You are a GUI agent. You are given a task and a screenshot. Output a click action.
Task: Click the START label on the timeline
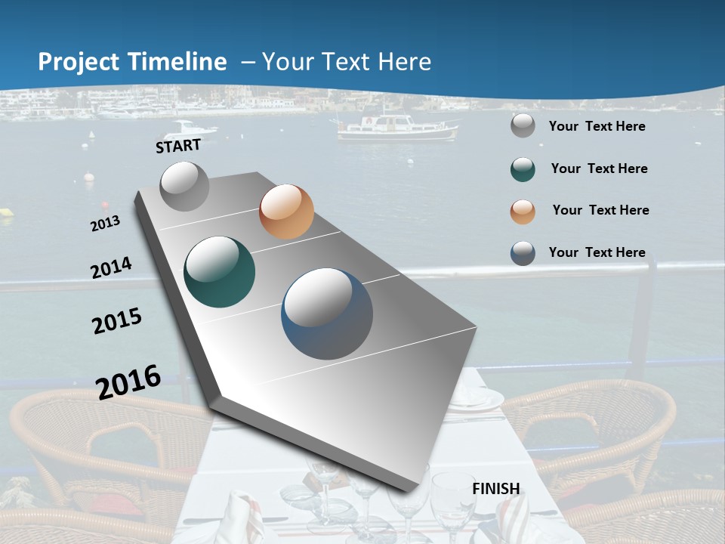(178, 146)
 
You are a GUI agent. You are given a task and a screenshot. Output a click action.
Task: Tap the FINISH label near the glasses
(496, 489)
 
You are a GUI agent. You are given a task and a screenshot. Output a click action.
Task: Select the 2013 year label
(105, 224)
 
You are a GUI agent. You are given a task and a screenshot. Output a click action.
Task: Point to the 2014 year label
(111, 268)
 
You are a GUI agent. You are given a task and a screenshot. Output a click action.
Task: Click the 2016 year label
(128, 382)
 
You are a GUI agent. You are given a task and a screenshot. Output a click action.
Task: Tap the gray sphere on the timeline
(184, 186)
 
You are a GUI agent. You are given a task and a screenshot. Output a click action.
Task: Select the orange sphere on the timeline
(286, 212)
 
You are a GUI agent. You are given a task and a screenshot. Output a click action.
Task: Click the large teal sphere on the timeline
(220, 272)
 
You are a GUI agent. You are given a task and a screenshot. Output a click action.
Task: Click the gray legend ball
(523, 126)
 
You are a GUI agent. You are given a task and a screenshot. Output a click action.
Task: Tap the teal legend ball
(523, 169)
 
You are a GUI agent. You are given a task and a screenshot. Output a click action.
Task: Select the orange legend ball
(523, 212)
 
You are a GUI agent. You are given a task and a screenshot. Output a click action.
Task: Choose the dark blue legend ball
(523, 253)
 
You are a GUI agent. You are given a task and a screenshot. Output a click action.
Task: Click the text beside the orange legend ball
(600, 210)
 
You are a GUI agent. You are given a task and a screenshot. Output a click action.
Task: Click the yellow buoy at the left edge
(6, 213)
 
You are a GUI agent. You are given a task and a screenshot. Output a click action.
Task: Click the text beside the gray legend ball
(597, 126)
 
